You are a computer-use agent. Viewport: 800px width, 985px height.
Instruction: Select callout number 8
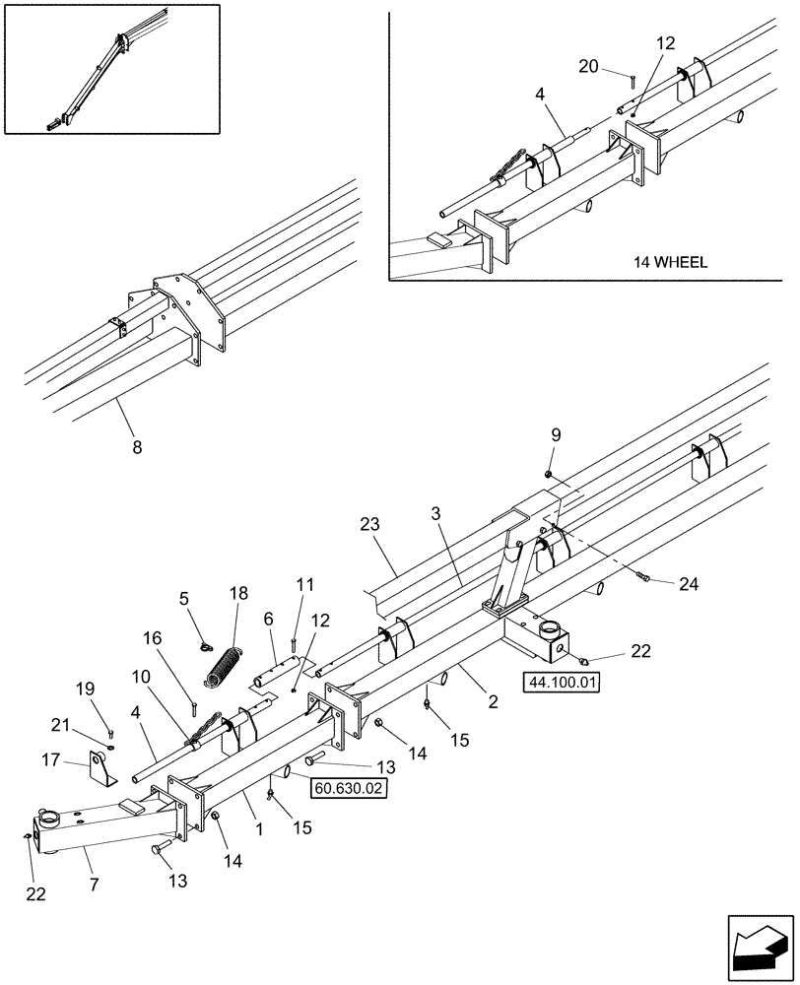[x=137, y=448]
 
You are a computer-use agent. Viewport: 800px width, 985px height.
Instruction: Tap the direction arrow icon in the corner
[x=758, y=945]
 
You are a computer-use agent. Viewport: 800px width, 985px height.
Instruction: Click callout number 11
[x=305, y=585]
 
